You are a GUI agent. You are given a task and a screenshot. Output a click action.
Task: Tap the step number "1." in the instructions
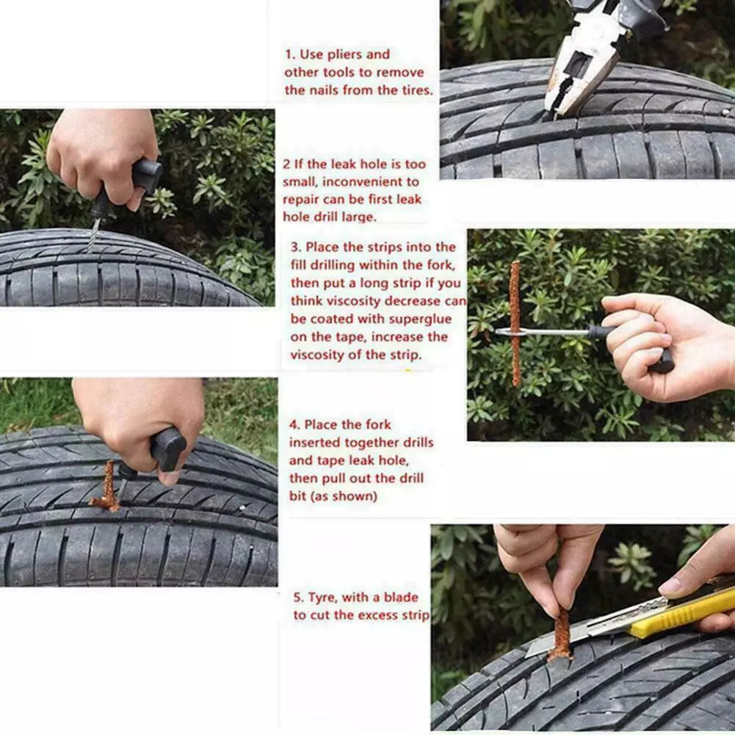click(x=290, y=54)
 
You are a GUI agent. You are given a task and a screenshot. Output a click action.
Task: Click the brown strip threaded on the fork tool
click(x=515, y=323)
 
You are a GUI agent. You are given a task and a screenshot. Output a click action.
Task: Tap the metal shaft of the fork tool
click(x=543, y=332)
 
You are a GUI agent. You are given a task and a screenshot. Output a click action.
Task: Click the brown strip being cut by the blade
click(x=562, y=635)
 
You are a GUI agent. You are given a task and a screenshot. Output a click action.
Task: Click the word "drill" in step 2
click(x=336, y=217)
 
